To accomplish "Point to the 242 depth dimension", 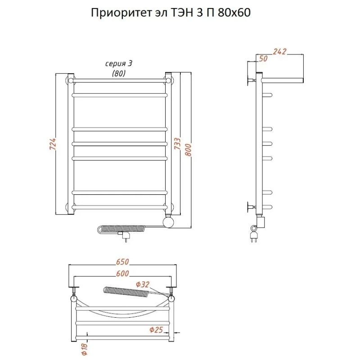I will pos(280,52).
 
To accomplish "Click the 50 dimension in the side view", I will pos(264,59).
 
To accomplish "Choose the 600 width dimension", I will pos(122,274).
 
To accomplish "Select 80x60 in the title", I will pos(234,13).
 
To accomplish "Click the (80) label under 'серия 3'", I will pos(118,73).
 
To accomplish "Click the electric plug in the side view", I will pos(253,236).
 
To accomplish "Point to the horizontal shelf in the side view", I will pos(283,80).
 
